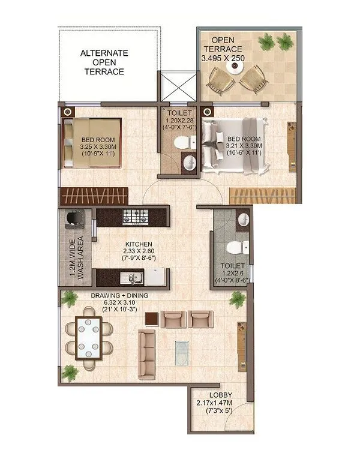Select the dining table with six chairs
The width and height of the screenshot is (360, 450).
[x=88, y=335]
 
